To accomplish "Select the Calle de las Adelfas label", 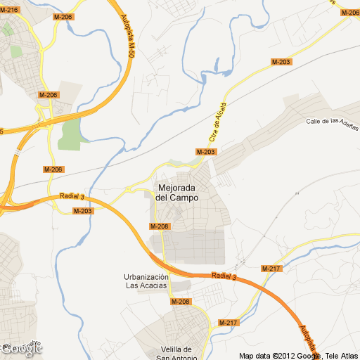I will [332, 121].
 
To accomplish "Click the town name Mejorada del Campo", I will [176, 193].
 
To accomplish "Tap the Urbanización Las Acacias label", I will [146, 281].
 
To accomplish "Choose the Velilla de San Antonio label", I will [176, 354].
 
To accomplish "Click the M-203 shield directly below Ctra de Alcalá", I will [206, 152].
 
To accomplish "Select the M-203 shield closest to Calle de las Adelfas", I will [281, 63].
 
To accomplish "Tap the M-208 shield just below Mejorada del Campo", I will [160, 226].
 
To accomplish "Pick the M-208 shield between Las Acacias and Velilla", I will [181, 302].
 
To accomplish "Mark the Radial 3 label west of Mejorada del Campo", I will [72, 197].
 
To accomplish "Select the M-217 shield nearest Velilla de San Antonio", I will [229, 323].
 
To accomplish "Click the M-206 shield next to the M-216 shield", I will [63, 16].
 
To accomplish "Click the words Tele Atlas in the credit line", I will [341, 355].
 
